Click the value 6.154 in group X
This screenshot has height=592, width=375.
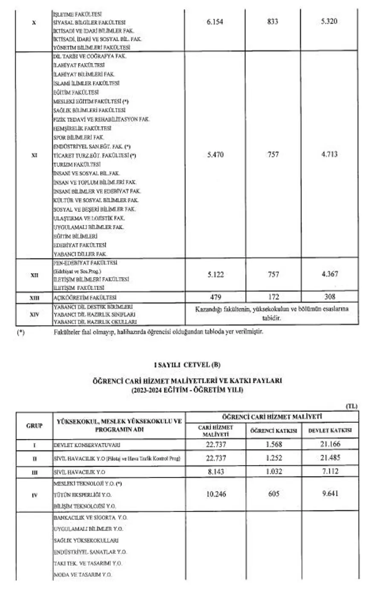point(215,21)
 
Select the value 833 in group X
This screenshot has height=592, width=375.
point(273,21)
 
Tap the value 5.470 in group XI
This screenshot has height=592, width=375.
point(215,155)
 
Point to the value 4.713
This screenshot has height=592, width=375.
point(329,154)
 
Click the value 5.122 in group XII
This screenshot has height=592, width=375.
point(215,275)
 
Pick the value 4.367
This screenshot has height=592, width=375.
point(329,274)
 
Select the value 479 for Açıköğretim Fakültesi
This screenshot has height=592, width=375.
point(215,297)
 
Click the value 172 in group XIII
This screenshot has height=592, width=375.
point(273,297)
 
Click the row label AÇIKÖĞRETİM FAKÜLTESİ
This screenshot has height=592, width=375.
point(85,297)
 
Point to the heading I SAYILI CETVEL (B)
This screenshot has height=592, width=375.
point(187,365)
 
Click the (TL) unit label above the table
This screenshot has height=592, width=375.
point(352,406)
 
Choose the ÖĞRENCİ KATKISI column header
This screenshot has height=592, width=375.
point(274,430)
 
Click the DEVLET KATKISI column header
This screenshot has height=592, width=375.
point(330,430)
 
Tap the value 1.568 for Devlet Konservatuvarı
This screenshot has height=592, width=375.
point(273,444)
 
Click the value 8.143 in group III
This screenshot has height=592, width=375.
point(215,472)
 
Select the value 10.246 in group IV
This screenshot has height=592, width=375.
point(215,494)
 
